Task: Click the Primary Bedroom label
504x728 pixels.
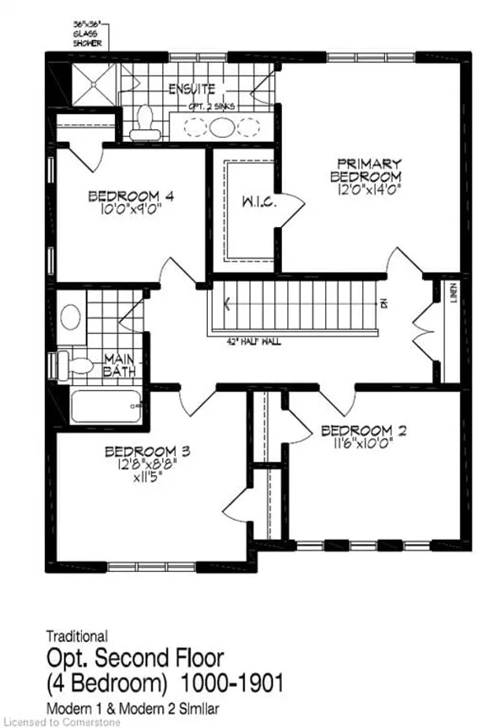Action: (365, 169)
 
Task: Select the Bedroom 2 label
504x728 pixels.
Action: (356, 430)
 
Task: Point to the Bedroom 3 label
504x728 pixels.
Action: (148, 451)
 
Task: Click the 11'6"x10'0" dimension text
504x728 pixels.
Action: (356, 443)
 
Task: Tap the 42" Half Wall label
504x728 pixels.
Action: (252, 341)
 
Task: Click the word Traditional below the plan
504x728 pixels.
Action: (77, 635)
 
